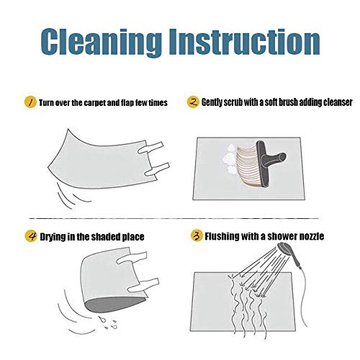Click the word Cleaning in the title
tap(102, 42)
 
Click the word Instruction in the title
tap(245, 41)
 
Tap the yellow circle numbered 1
tap(30, 102)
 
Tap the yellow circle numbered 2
tap(193, 102)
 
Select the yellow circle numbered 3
tap(197, 235)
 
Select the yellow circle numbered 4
tap(31, 236)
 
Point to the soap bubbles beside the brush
tap(230, 159)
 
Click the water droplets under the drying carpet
tap(107, 323)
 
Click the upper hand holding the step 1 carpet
tap(150, 147)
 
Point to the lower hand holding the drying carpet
tap(143, 285)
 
